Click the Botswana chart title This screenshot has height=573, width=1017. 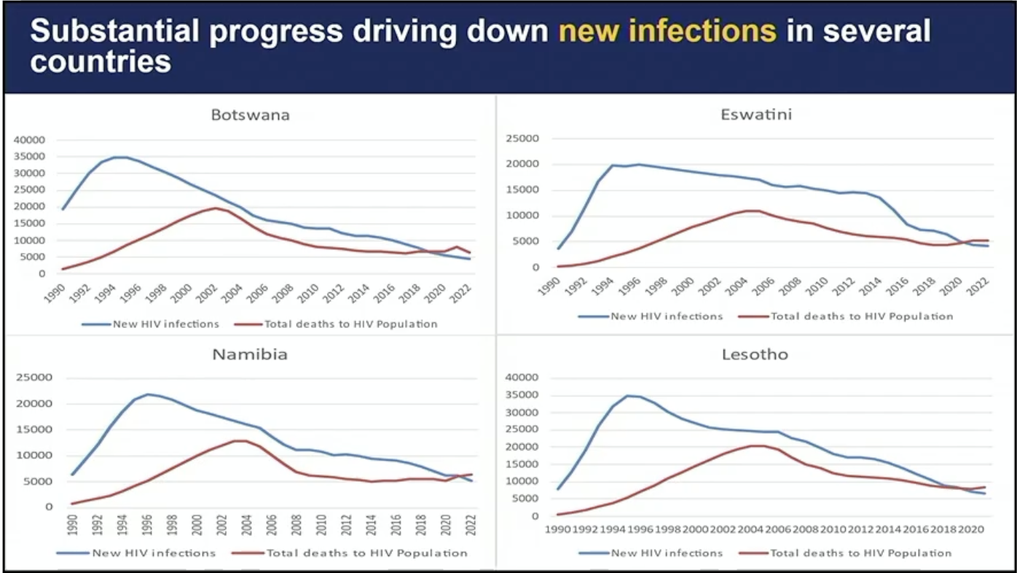(251, 115)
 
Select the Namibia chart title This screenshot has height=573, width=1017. (250, 355)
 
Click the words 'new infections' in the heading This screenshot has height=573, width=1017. (667, 31)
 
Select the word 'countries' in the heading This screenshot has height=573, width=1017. (101, 62)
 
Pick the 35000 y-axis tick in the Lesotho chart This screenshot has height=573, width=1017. (522, 395)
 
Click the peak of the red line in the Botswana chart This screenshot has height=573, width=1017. (216, 208)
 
